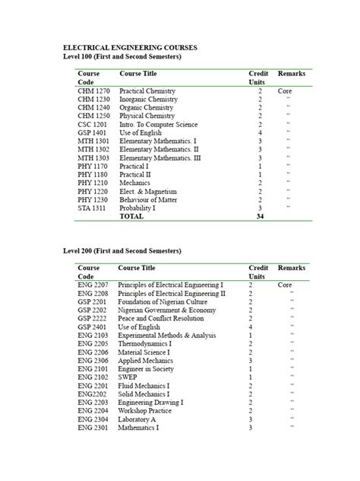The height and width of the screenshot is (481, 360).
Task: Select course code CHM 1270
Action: (x=94, y=91)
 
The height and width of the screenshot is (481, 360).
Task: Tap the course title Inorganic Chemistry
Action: (x=149, y=99)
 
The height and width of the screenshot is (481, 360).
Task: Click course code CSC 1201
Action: (x=93, y=124)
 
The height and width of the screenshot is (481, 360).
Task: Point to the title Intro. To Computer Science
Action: (x=159, y=124)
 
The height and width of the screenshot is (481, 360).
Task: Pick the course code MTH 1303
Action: (x=94, y=158)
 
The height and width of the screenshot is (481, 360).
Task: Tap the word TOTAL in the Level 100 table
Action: (x=131, y=216)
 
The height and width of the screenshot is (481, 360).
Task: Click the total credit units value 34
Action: (x=260, y=216)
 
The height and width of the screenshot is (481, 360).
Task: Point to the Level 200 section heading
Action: (x=122, y=251)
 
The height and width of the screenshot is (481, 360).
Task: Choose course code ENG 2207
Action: (x=93, y=285)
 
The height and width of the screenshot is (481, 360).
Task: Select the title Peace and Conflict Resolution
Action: (x=166, y=318)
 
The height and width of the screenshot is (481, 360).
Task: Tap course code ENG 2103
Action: (x=93, y=335)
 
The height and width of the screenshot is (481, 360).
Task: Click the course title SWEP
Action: (x=128, y=377)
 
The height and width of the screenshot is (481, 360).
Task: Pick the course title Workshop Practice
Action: (x=145, y=410)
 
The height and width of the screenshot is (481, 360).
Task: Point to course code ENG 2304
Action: (x=93, y=419)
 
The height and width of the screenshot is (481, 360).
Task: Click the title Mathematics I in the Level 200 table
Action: (x=139, y=427)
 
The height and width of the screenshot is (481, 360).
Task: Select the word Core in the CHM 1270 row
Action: (x=285, y=91)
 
